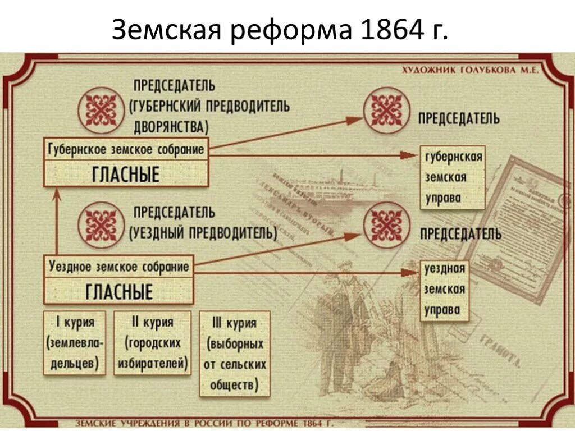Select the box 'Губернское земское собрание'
point(126,150)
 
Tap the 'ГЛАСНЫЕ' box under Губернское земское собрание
point(126,175)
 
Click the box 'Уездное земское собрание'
point(118,267)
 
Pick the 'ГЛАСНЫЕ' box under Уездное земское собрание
point(118,292)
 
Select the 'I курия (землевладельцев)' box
point(75,342)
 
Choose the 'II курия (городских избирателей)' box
point(152,342)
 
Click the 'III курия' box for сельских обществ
point(234,354)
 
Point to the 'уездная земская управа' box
point(444,290)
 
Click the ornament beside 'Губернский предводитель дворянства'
point(101,109)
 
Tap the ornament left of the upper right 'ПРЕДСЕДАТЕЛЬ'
point(386,109)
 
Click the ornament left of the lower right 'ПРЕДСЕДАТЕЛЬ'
point(386,224)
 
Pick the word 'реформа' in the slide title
point(283,30)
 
